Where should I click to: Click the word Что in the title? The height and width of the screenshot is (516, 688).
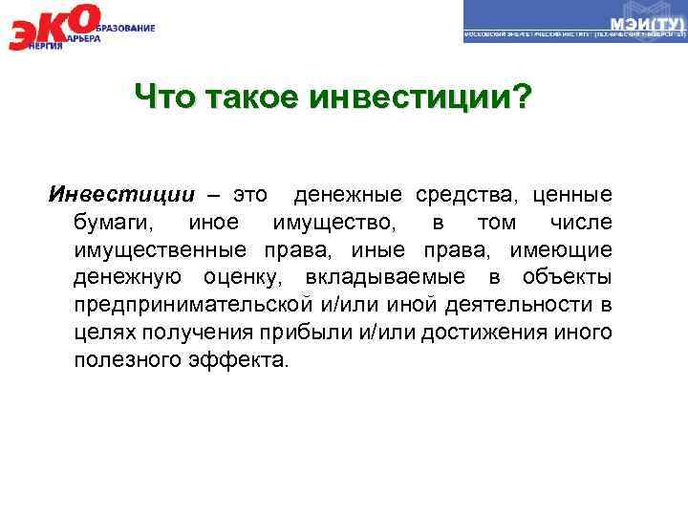163,97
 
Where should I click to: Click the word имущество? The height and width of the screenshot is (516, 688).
330,224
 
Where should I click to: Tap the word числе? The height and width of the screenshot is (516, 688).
580,224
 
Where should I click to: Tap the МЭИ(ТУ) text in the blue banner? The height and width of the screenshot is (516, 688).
645,21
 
